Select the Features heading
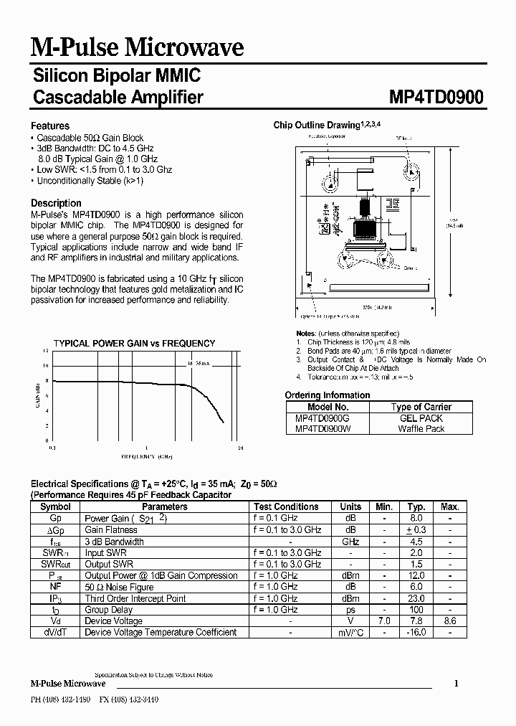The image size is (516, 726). (50, 126)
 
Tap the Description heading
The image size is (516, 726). (57, 203)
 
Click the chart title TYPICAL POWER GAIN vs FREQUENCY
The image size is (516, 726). (134, 344)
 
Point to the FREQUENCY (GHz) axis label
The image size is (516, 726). (147, 456)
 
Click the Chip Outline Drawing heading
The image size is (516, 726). (327, 125)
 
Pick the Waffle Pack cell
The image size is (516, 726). (421, 428)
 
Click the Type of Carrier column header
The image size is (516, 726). (421, 407)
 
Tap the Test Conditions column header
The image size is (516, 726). (286, 506)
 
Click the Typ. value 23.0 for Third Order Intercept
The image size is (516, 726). (416, 598)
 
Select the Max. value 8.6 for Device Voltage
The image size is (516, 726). (449, 621)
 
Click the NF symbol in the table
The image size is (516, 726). (55, 587)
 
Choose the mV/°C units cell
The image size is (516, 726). (350, 633)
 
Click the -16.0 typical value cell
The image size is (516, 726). (416, 633)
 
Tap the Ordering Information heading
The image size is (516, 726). (328, 395)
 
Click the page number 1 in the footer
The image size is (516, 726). (456, 684)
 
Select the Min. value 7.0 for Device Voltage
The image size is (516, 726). (384, 621)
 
